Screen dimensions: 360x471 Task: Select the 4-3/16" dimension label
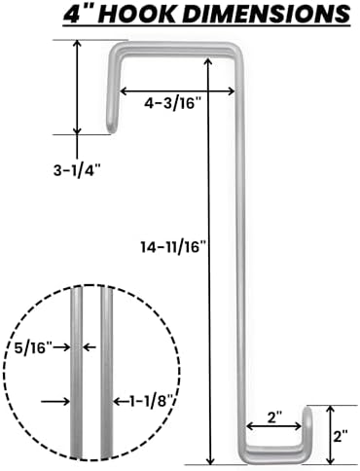point(173,104)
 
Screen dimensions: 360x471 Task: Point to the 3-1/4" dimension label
point(77,170)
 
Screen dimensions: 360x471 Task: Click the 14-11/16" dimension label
point(173,247)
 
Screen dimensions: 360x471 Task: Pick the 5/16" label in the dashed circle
point(33,348)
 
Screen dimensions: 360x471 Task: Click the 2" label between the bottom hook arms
point(273,417)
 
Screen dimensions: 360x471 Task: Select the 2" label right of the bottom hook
point(341,436)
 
